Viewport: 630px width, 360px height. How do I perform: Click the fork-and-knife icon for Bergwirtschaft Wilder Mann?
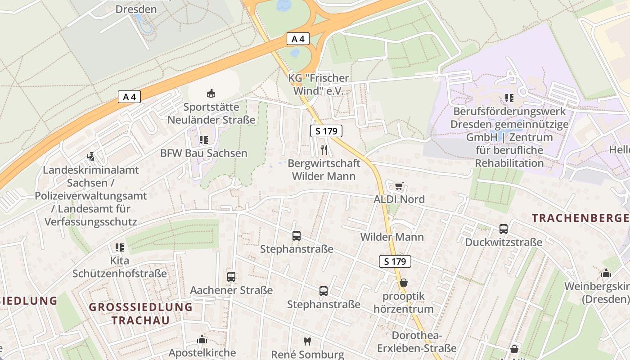click(x=324, y=149)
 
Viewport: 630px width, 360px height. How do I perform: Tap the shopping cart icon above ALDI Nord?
click(x=399, y=186)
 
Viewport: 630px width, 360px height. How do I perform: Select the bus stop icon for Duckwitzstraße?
click(x=504, y=229)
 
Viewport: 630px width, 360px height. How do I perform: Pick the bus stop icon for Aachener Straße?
click(x=231, y=277)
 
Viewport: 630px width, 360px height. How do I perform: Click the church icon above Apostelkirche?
click(x=202, y=339)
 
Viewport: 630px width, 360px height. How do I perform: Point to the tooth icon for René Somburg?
click(x=307, y=342)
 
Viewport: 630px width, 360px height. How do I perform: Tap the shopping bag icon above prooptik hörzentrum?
click(x=404, y=283)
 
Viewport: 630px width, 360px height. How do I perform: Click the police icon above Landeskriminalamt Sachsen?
click(x=91, y=157)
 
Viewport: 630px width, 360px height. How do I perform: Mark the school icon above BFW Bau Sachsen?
click(x=204, y=140)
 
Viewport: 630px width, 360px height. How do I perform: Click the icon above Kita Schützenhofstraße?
click(x=120, y=247)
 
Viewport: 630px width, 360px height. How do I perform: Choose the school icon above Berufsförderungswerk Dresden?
click(x=509, y=98)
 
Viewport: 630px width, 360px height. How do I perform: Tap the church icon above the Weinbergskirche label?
click(x=606, y=273)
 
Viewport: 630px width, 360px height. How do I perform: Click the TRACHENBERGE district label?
click(x=580, y=218)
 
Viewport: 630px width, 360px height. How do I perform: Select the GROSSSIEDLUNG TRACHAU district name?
click(x=140, y=314)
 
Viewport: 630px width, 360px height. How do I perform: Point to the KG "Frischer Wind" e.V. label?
click(x=319, y=85)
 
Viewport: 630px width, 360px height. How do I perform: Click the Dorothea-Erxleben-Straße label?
click(x=417, y=342)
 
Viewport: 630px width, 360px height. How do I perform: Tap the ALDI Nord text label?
click(x=399, y=199)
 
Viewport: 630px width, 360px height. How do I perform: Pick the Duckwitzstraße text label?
click(x=504, y=243)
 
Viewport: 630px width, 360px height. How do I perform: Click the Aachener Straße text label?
click(x=231, y=290)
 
